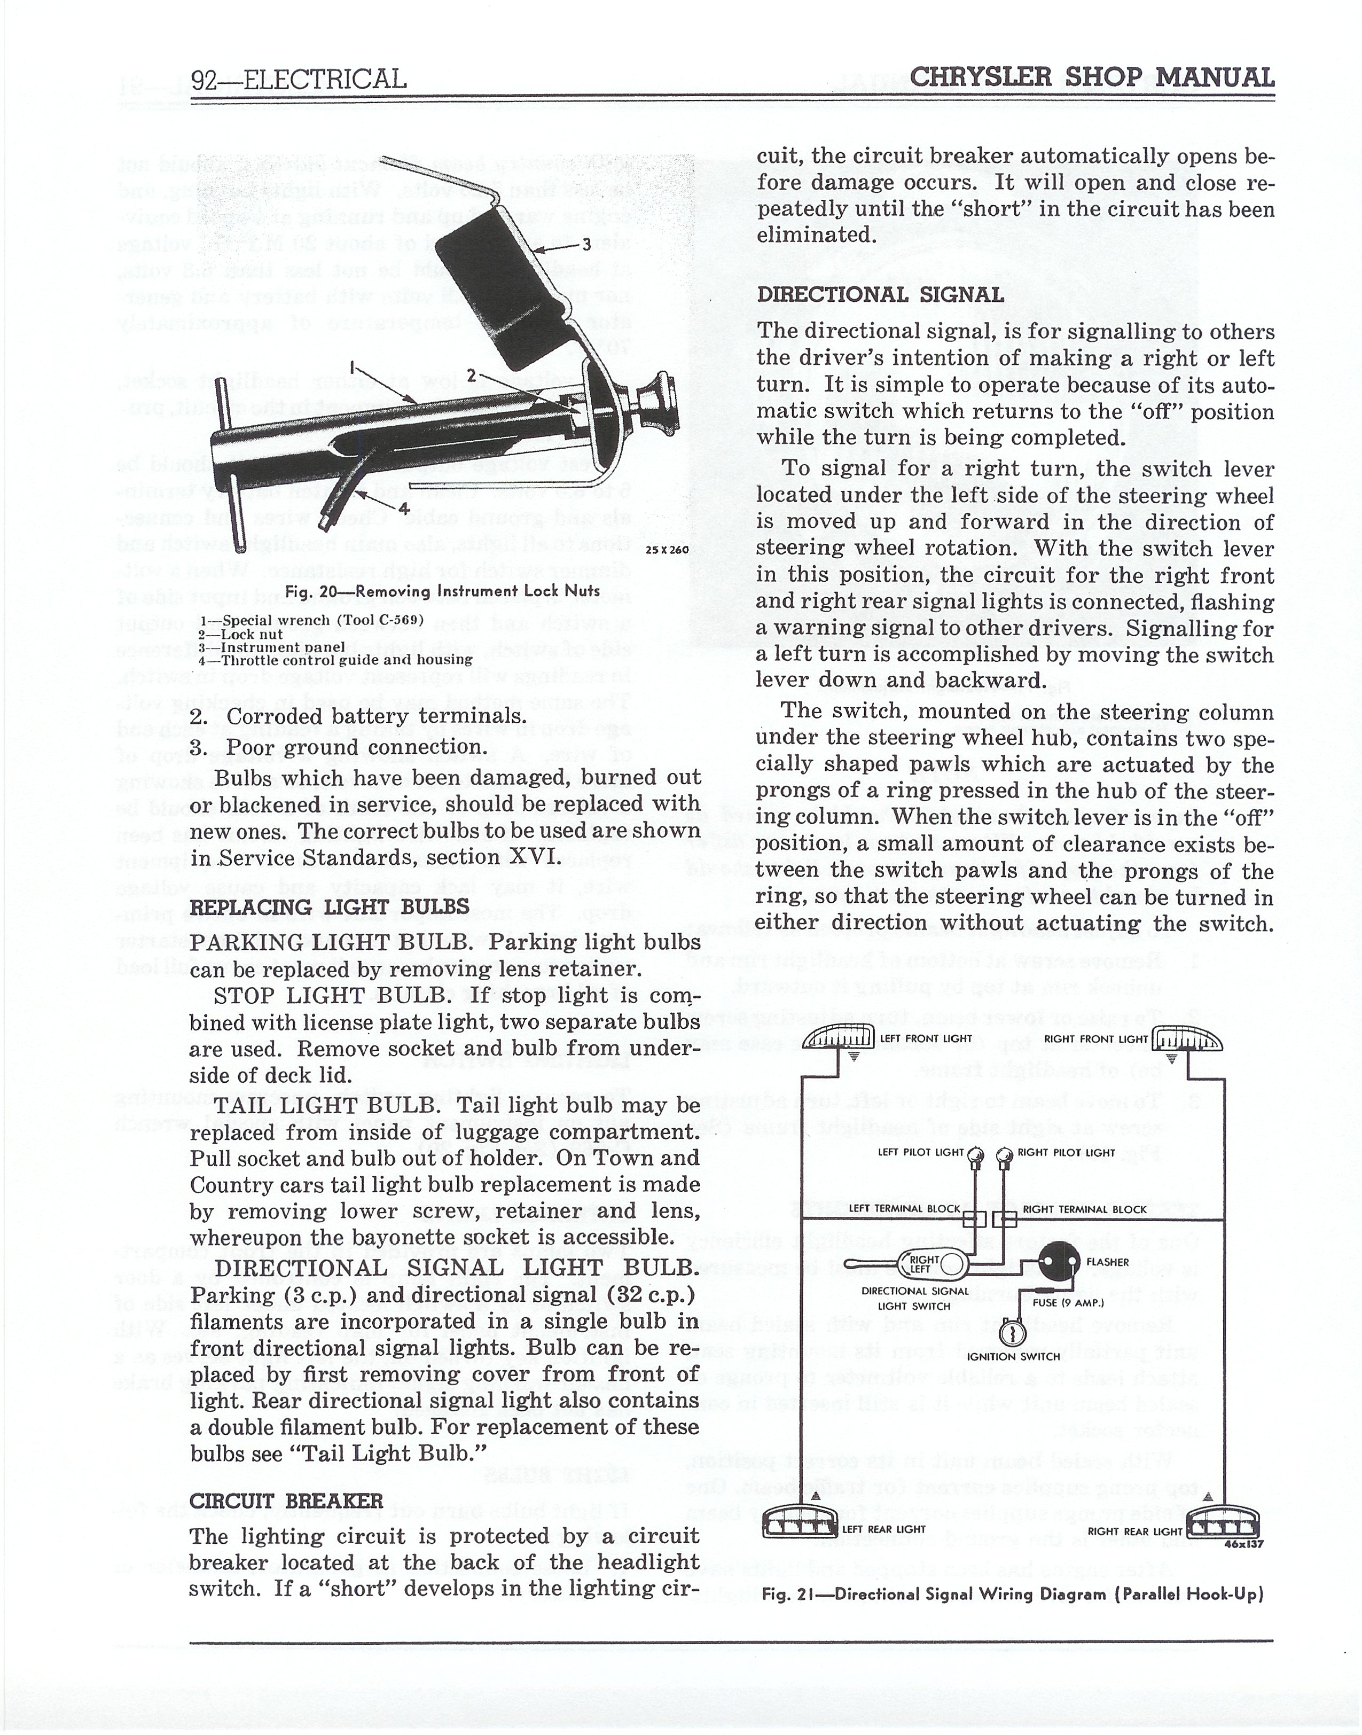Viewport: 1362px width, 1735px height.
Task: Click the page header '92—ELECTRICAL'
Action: click(x=298, y=79)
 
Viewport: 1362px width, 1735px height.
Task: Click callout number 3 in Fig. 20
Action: click(x=586, y=244)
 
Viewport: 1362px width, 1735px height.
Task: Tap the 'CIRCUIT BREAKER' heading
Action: click(x=286, y=1500)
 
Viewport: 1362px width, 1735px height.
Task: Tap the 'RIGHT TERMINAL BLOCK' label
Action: click(x=1084, y=1209)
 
